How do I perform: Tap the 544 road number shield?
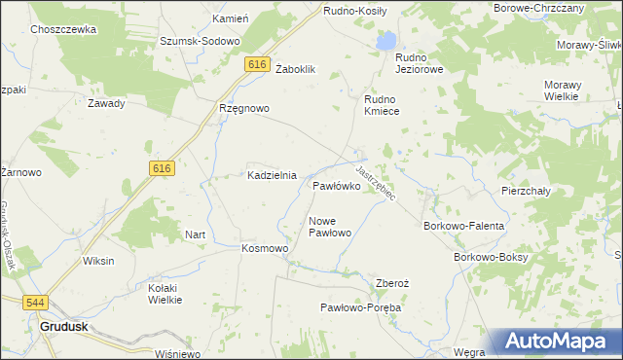(36, 303)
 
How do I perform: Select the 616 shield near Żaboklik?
(257, 64)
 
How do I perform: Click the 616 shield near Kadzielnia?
(163, 168)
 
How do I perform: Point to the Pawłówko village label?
(338, 185)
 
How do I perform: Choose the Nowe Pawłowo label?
(330, 227)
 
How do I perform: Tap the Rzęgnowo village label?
(243, 109)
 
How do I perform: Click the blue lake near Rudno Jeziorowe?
(386, 41)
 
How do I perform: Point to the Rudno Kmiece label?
(388, 105)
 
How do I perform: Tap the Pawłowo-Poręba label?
(361, 307)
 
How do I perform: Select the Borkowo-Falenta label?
(463, 226)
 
